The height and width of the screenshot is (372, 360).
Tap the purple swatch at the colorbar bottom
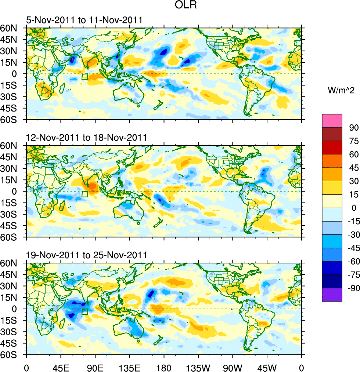[x=332, y=295]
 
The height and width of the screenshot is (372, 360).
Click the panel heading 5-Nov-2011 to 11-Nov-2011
[x=84, y=20]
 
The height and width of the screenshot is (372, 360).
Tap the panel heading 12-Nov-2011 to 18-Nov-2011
[x=86, y=138]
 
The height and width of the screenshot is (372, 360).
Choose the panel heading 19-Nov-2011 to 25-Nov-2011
[x=86, y=255]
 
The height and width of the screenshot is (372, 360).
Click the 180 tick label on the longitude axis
[x=164, y=367]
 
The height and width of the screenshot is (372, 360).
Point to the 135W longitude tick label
[x=198, y=367]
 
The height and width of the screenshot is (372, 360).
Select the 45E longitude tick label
[x=61, y=367]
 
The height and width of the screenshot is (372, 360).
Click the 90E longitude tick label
[x=95, y=367]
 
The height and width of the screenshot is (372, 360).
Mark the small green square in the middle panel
[x=85, y=194]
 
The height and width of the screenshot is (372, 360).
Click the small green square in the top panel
[x=85, y=77]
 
